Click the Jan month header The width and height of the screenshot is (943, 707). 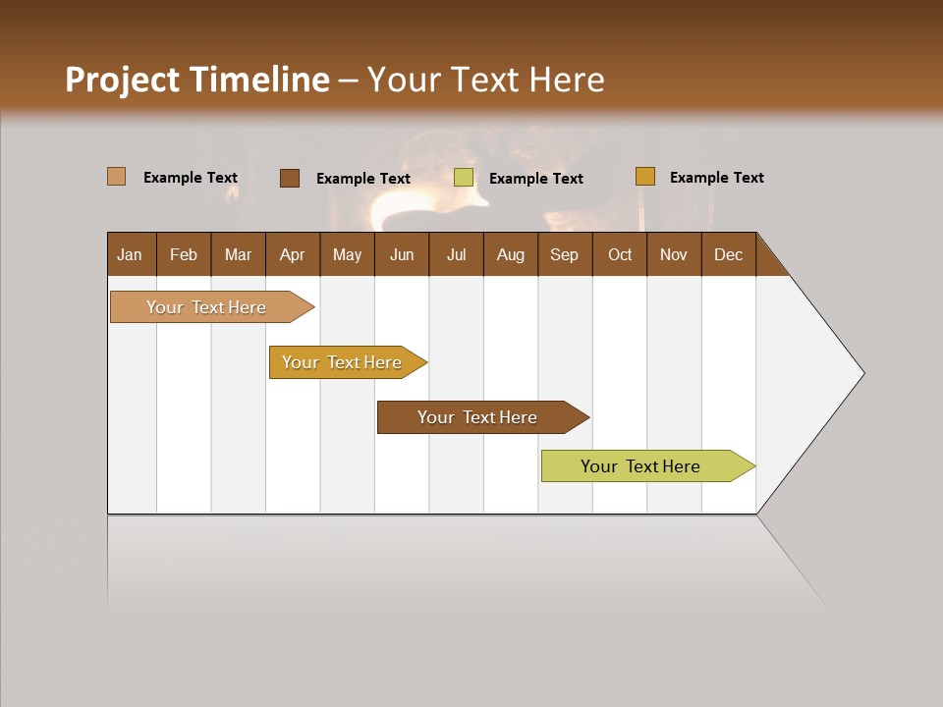tap(130, 254)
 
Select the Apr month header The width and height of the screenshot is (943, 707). tap(292, 254)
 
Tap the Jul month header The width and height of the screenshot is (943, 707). tap(456, 254)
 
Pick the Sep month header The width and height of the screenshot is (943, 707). tap(564, 254)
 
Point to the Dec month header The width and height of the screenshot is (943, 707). tap(728, 254)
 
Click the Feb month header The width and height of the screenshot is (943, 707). tap(184, 254)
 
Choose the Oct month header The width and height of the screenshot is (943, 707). tap(620, 254)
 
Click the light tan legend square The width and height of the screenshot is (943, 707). tap(117, 177)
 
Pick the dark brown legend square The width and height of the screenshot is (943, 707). tap(290, 178)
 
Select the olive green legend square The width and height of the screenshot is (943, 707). tap(464, 178)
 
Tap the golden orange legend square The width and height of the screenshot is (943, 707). tap(645, 177)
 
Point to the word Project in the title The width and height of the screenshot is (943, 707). tap(123, 80)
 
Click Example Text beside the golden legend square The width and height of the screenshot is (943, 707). tap(716, 178)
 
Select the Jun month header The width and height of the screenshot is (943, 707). tap(402, 254)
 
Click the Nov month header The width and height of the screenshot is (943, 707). tap(674, 254)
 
